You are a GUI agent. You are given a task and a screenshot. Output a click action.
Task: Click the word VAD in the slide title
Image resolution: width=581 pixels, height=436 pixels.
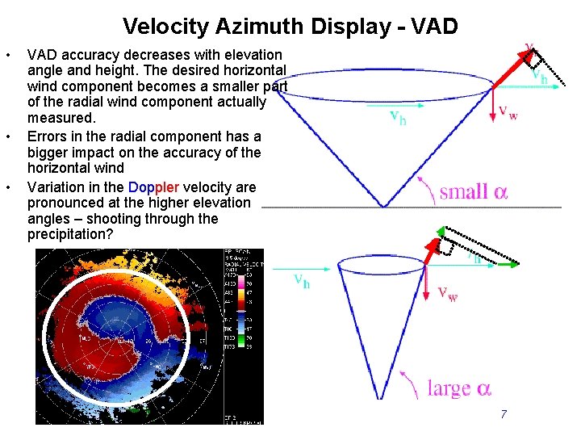click(x=434, y=27)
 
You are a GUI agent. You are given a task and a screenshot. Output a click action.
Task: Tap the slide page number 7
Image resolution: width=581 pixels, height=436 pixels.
click(x=504, y=414)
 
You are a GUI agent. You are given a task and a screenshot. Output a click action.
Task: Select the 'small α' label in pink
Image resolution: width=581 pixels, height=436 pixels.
click(x=474, y=191)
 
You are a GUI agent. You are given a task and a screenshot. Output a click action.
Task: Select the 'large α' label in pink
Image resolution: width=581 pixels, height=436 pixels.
click(x=458, y=388)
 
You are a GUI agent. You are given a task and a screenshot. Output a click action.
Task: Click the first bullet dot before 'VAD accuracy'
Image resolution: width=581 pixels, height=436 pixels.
click(x=8, y=55)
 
